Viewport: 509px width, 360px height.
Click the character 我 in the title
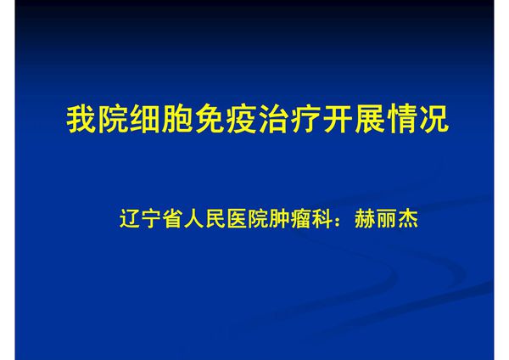[x=81, y=120]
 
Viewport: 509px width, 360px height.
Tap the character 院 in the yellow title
[x=113, y=120]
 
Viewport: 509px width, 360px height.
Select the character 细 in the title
[x=145, y=120]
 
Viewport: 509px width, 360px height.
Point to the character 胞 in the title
[x=176, y=120]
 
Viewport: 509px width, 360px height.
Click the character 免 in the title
[x=209, y=120]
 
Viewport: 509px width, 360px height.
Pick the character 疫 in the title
[x=240, y=120]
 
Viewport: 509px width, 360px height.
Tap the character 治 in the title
[x=272, y=120]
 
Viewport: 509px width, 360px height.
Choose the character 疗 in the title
[x=304, y=120]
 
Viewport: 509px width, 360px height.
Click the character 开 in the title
[x=336, y=120]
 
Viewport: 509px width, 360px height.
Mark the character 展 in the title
[x=367, y=120]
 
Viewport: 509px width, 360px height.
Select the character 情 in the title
[x=400, y=120]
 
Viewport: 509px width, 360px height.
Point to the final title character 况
[x=431, y=120]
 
